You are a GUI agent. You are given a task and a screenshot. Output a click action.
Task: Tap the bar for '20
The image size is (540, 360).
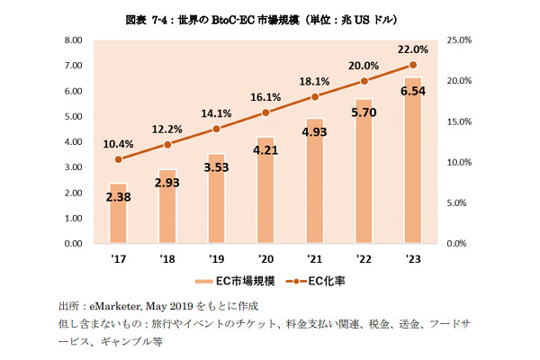pyautogui.click(x=265, y=190)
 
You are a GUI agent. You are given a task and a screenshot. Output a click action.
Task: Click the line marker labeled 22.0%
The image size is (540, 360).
pyautogui.click(x=413, y=65)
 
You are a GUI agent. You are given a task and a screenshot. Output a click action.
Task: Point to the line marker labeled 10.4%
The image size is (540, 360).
pyautogui.click(x=119, y=158)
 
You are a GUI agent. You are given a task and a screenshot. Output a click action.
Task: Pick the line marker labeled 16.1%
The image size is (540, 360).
pyautogui.click(x=265, y=112)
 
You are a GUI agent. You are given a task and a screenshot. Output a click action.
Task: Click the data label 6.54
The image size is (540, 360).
pyautogui.click(x=413, y=92)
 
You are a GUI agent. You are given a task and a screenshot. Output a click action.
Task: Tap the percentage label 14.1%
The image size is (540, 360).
pyautogui.click(x=215, y=113)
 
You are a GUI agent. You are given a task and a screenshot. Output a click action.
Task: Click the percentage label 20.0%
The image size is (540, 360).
pyautogui.click(x=364, y=65)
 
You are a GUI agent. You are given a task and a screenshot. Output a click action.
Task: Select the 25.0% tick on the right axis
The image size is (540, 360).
pyautogui.click(x=460, y=40)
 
